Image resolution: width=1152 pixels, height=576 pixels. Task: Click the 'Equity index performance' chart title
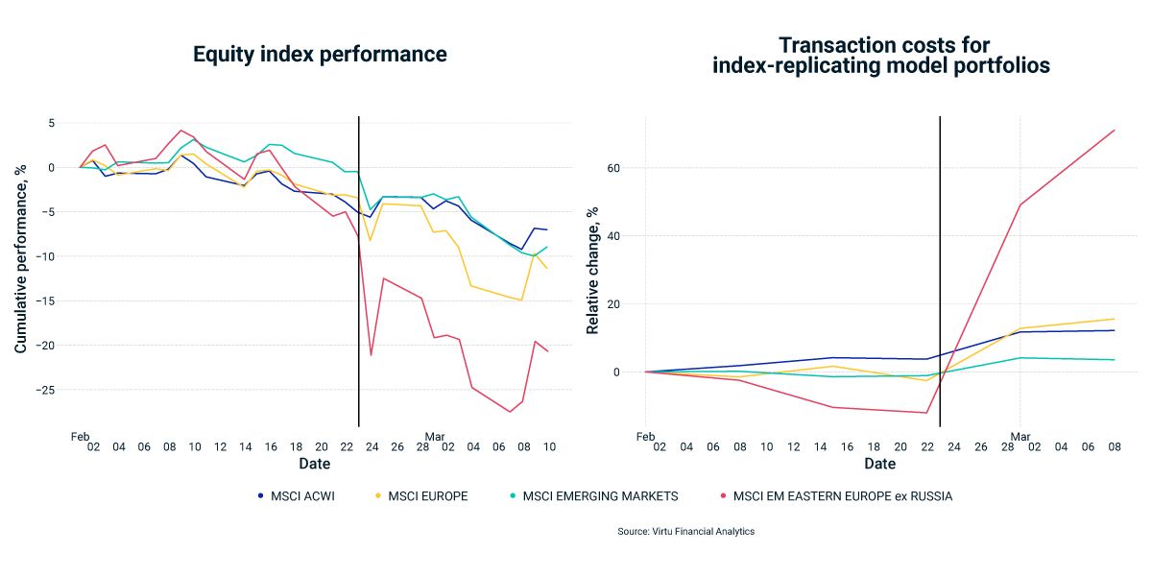point(320,55)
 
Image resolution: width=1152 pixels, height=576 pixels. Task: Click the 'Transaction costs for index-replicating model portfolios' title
point(884,55)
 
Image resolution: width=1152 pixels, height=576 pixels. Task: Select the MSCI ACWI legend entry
point(297,496)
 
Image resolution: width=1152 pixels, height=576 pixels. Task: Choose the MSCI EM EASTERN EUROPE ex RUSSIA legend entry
point(836,496)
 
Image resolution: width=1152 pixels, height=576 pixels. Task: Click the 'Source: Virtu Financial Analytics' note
point(686,531)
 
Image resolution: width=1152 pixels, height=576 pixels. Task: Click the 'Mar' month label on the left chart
point(435,436)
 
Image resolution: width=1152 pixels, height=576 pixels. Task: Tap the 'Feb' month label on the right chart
point(645,436)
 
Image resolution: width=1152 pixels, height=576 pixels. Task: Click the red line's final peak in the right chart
point(1114,130)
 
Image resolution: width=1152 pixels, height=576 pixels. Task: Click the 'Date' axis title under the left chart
point(314,464)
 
